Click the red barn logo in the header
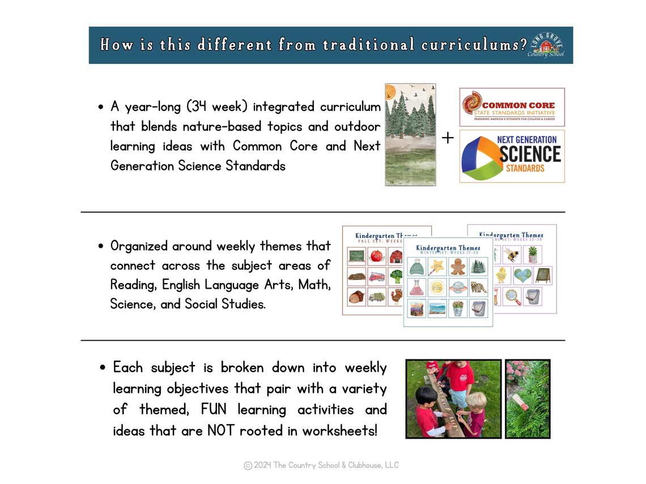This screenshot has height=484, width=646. (546, 45)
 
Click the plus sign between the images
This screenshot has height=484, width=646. (448, 138)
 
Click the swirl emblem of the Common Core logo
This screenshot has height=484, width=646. (472, 104)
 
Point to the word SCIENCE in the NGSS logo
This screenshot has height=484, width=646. (530, 154)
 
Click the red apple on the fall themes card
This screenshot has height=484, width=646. (377, 256)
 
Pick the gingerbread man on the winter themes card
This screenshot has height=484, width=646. (458, 267)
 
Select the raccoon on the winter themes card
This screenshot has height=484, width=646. (479, 287)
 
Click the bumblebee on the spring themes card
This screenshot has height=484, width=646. (511, 254)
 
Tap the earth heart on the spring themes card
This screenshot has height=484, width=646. (522, 276)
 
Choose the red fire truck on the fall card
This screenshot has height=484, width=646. (377, 277)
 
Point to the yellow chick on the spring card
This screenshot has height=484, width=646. (501, 276)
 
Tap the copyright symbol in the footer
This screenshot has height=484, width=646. (248, 466)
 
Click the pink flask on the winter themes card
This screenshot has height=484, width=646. (416, 287)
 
